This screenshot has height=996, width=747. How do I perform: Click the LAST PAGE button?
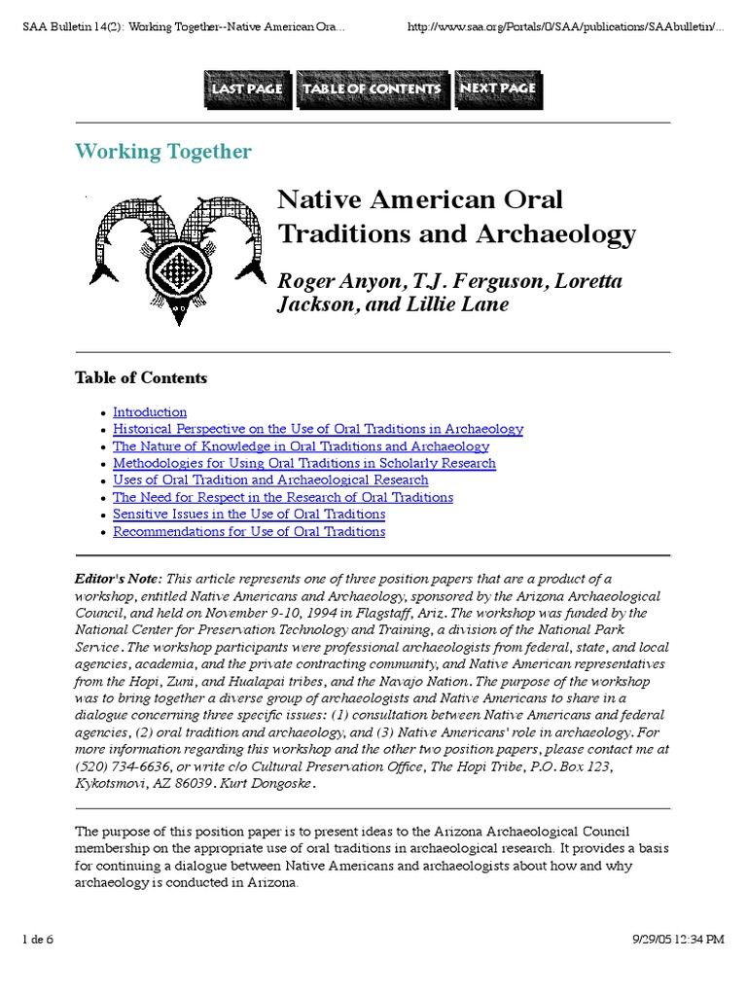247,89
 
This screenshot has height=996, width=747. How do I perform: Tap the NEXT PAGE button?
497,89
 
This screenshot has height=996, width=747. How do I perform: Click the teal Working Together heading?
163,152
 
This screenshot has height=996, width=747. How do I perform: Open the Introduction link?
150,412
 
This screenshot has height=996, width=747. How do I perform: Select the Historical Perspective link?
318,429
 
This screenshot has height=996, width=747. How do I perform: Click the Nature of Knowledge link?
301,446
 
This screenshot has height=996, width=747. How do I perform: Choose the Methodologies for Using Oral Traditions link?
304,463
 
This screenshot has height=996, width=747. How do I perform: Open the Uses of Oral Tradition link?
270,480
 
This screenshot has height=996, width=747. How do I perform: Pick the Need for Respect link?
283,497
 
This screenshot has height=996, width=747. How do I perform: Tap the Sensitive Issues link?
249,515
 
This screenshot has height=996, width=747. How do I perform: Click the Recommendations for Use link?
249,532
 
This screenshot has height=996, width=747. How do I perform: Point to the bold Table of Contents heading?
141,377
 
